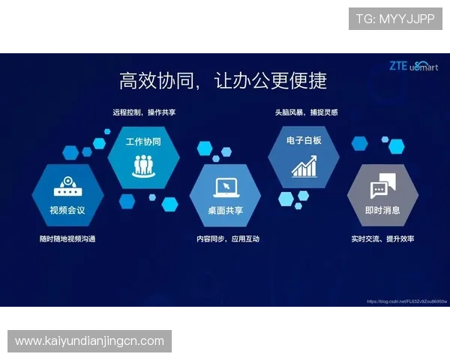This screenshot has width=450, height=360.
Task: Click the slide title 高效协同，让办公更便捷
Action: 223,79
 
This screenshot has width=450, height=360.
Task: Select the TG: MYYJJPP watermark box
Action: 395,19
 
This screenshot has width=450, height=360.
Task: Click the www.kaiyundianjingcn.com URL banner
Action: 89,341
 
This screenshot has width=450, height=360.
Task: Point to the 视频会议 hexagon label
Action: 67,210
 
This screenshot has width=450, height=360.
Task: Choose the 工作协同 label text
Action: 143,141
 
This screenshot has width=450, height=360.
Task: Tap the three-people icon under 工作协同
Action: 143,163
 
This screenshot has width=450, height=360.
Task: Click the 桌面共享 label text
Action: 225,210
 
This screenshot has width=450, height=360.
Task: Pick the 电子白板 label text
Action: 304,140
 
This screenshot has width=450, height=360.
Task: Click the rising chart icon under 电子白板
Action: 304,166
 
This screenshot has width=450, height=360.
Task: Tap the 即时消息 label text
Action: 382,210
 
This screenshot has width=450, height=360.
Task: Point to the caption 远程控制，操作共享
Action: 144,112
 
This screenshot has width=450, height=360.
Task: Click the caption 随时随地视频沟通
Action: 67,238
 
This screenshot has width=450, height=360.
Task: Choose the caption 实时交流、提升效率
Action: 382,238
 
